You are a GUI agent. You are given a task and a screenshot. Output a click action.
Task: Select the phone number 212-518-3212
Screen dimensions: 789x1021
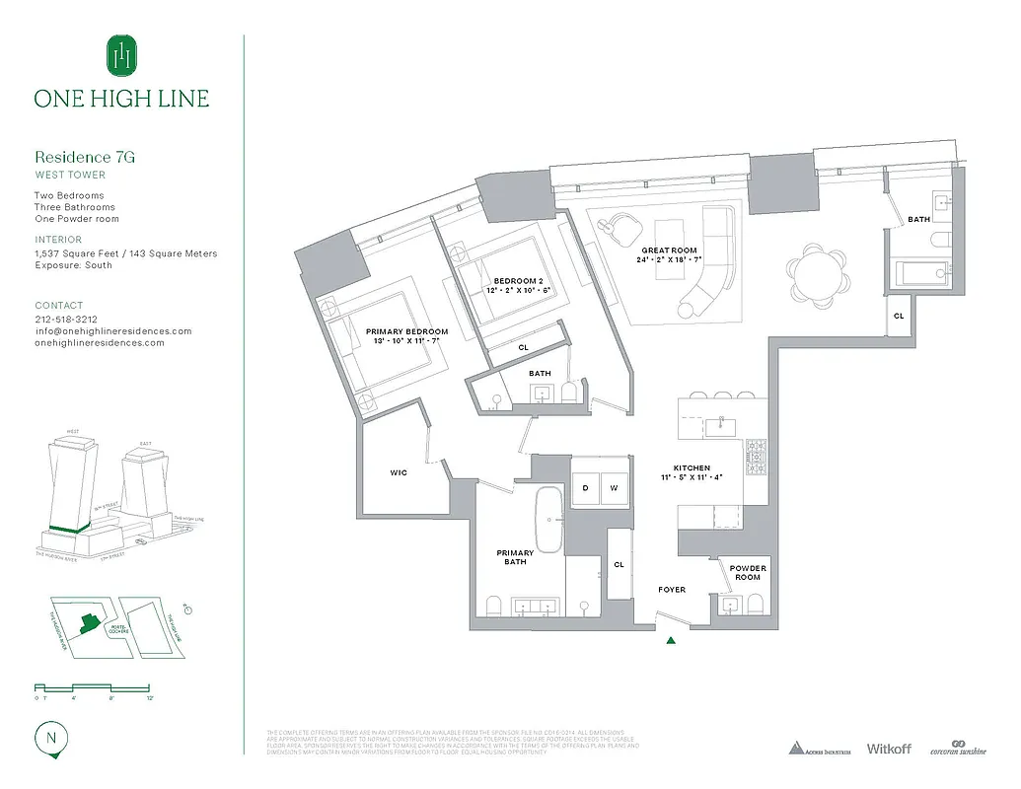point(66,320)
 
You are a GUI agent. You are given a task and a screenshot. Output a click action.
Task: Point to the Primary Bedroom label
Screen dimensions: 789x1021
point(406,332)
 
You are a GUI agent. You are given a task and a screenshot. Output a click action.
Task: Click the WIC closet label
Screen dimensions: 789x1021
point(398,472)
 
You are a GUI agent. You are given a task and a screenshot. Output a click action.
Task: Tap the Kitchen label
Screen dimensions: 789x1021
point(692,468)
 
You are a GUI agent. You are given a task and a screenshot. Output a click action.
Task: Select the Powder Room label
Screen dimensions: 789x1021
point(747,572)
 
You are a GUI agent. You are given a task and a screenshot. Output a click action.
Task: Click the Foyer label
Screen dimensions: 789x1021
point(672,590)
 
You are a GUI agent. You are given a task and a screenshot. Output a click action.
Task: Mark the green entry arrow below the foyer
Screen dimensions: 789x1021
point(672,640)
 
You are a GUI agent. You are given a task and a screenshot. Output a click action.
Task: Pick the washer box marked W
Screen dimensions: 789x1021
point(613,487)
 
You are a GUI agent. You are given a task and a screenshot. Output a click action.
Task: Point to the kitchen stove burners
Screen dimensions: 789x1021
point(758,459)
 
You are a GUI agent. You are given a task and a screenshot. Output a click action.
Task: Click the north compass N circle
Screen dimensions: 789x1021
point(49,737)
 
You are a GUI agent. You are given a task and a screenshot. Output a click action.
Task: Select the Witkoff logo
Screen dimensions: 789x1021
point(890,749)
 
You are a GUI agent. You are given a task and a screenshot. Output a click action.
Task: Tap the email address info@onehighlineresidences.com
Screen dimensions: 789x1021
point(113,331)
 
